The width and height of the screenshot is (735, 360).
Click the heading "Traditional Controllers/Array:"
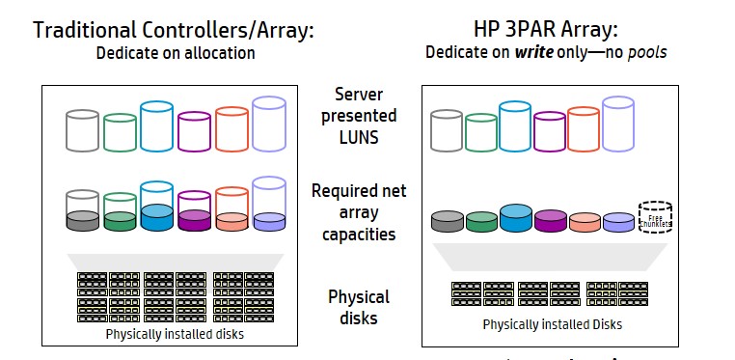pos(174,29)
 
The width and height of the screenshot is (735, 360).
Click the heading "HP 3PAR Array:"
pos(545,29)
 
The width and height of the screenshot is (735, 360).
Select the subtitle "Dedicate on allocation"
pos(176,53)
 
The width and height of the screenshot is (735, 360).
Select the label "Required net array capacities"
pos(358,212)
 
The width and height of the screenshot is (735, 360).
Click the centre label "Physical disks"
pos(359,307)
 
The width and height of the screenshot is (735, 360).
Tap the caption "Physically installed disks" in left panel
pos(177,335)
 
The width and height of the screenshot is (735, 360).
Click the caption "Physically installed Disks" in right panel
pos(553,324)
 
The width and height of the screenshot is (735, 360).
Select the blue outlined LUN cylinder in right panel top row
pos(516,125)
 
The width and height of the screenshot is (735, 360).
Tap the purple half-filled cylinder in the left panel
pos(195,211)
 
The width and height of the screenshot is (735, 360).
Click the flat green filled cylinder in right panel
pos(481,222)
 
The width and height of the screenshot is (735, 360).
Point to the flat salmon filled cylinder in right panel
pos(585,223)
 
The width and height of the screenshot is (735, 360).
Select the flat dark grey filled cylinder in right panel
pos(447,222)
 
